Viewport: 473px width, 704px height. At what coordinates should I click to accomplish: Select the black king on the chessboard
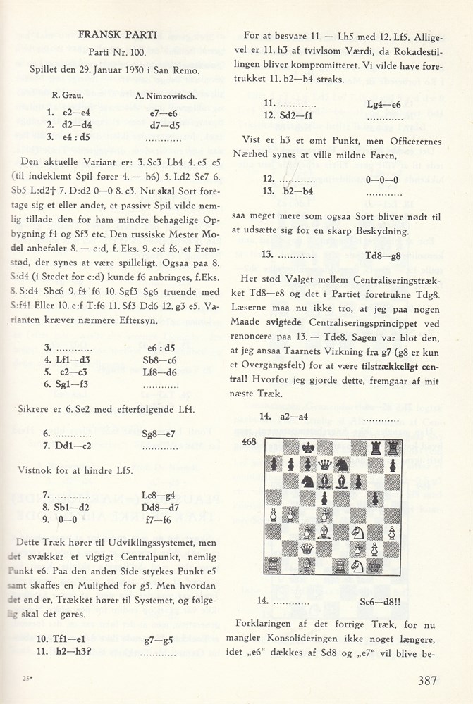(x=308, y=447)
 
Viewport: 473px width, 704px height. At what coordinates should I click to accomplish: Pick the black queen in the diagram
(x=325, y=465)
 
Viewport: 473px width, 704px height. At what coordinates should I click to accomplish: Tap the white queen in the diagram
(x=308, y=548)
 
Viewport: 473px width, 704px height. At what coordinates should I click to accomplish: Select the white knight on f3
(x=360, y=532)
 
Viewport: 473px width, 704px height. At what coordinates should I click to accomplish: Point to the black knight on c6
(x=308, y=482)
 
